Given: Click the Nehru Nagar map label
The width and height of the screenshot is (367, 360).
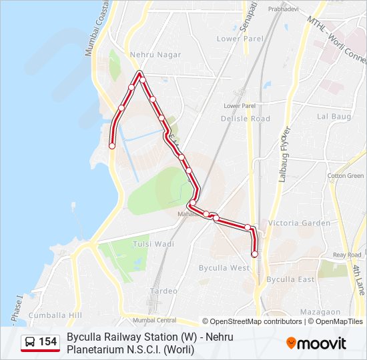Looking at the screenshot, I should [x=155, y=55].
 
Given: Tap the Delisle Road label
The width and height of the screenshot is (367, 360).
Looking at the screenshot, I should [x=246, y=118].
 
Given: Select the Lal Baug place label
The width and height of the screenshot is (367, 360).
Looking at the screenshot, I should [x=334, y=116].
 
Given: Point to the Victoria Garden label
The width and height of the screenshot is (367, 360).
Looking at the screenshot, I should [x=298, y=223].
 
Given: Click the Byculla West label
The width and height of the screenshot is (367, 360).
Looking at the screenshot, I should [x=224, y=267].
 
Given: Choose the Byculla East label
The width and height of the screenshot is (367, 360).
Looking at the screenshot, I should [x=290, y=279].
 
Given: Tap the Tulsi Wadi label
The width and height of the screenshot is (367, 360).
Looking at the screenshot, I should [x=154, y=244].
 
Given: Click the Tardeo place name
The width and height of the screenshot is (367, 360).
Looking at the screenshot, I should [x=164, y=291].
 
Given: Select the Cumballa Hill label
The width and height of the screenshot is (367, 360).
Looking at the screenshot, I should [x=55, y=315].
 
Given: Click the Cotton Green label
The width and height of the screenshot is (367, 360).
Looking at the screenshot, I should [x=346, y=176].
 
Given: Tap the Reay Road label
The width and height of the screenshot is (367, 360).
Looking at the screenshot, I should [x=347, y=255].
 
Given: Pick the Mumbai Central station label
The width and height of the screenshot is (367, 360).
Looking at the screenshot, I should [x=154, y=320].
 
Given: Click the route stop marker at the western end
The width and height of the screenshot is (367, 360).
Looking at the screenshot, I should [x=112, y=145].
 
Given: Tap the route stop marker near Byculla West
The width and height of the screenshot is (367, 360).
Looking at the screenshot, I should [x=254, y=254].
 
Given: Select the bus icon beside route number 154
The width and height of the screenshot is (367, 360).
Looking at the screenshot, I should [x=30, y=343].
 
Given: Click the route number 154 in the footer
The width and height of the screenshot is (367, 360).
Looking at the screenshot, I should [x=48, y=343].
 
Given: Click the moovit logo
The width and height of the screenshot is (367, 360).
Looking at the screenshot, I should [x=316, y=343].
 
